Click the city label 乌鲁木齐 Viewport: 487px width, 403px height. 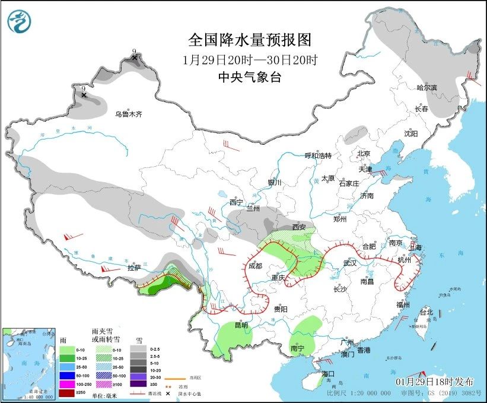point(128,114)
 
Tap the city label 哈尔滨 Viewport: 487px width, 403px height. point(426,88)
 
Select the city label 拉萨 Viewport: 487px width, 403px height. point(134,268)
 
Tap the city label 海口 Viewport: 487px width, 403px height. point(329,374)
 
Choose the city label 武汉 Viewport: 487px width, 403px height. point(349,263)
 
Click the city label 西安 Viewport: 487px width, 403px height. point(299,227)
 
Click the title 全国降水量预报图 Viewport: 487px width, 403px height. point(249,40)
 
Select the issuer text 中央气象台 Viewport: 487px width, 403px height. point(249,77)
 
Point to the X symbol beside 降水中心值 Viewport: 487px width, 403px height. point(168,394)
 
